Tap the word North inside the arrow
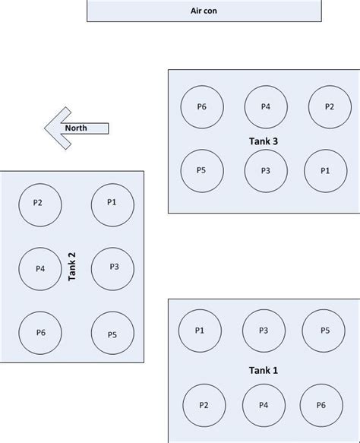(76, 128)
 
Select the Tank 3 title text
(264, 141)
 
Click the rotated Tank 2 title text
(72, 267)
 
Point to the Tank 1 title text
(264, 370)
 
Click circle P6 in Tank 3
(201, 107)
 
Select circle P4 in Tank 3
(266, 107)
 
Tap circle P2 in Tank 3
(329, 107)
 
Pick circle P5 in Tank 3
(201, 170)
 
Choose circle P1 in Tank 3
(325, 171)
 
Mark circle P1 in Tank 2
(112, 203)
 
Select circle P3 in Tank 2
(113, 267)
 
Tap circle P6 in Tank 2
(40, 333)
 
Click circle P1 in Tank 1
(200, 331)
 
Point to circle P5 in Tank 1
(324, 331)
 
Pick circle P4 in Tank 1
(264, 406)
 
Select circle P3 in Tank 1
(264, 331)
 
